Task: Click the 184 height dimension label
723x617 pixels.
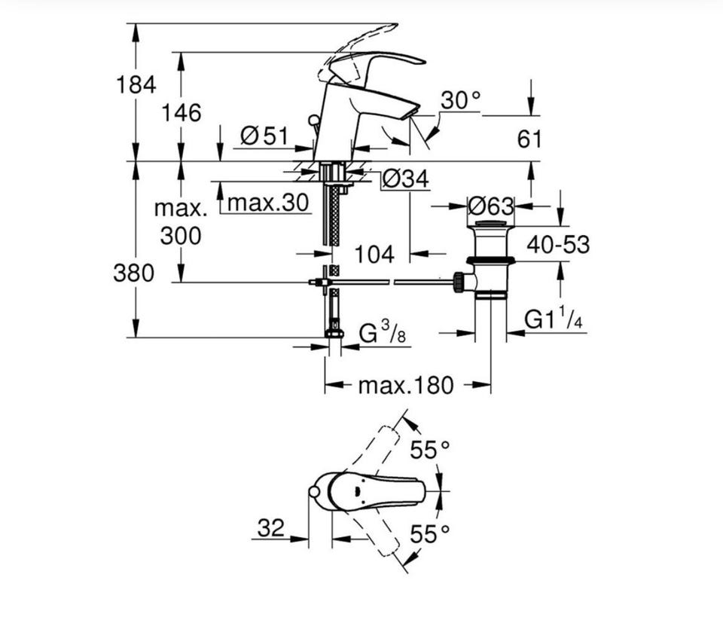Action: (x=136, y=84)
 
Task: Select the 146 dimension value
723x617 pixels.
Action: (x=182, y=112)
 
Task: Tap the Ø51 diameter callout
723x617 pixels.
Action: (x=264, y=136)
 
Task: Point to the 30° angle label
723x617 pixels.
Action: (x=460, y=100)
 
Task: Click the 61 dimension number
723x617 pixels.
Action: (x=529, y=139)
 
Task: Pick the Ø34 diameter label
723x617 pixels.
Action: (x=405, y=179)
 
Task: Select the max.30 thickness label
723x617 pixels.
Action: (x=268, y=202)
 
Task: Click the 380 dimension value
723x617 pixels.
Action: (x=134, y=273)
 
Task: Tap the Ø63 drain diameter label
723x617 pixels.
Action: (x=490, y=206)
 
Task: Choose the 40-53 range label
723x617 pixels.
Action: (x=558, y=244)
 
